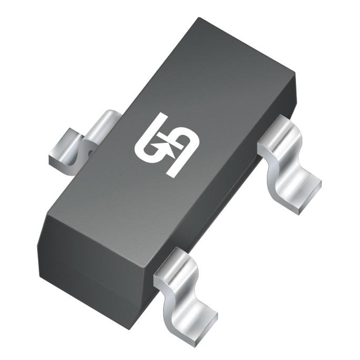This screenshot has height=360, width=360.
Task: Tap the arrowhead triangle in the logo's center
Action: tap(169, 145)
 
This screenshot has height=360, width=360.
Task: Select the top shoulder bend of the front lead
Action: tap(172, 261)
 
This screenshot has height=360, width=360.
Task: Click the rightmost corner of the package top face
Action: tap(296, 74)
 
